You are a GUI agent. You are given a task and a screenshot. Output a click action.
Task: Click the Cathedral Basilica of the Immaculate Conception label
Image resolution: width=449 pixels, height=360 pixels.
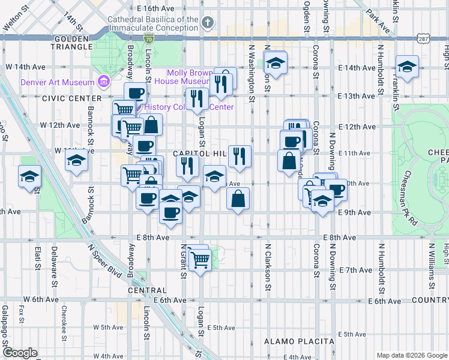coord(152,23)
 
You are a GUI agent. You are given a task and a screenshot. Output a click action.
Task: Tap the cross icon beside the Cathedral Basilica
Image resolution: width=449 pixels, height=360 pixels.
coord(207,23)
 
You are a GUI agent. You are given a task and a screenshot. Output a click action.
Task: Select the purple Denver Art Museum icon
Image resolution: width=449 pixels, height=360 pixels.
coord(104,82)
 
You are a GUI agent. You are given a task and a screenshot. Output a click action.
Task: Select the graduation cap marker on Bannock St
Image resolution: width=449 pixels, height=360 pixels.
coord(77,160)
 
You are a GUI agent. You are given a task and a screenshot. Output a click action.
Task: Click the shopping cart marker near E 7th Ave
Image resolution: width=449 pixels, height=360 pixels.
coord(200,259)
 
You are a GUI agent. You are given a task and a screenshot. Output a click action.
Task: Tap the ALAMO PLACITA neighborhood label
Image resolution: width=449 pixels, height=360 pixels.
coord(299,341)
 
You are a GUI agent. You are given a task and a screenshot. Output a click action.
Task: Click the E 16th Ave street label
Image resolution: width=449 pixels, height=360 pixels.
coord(155,9)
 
